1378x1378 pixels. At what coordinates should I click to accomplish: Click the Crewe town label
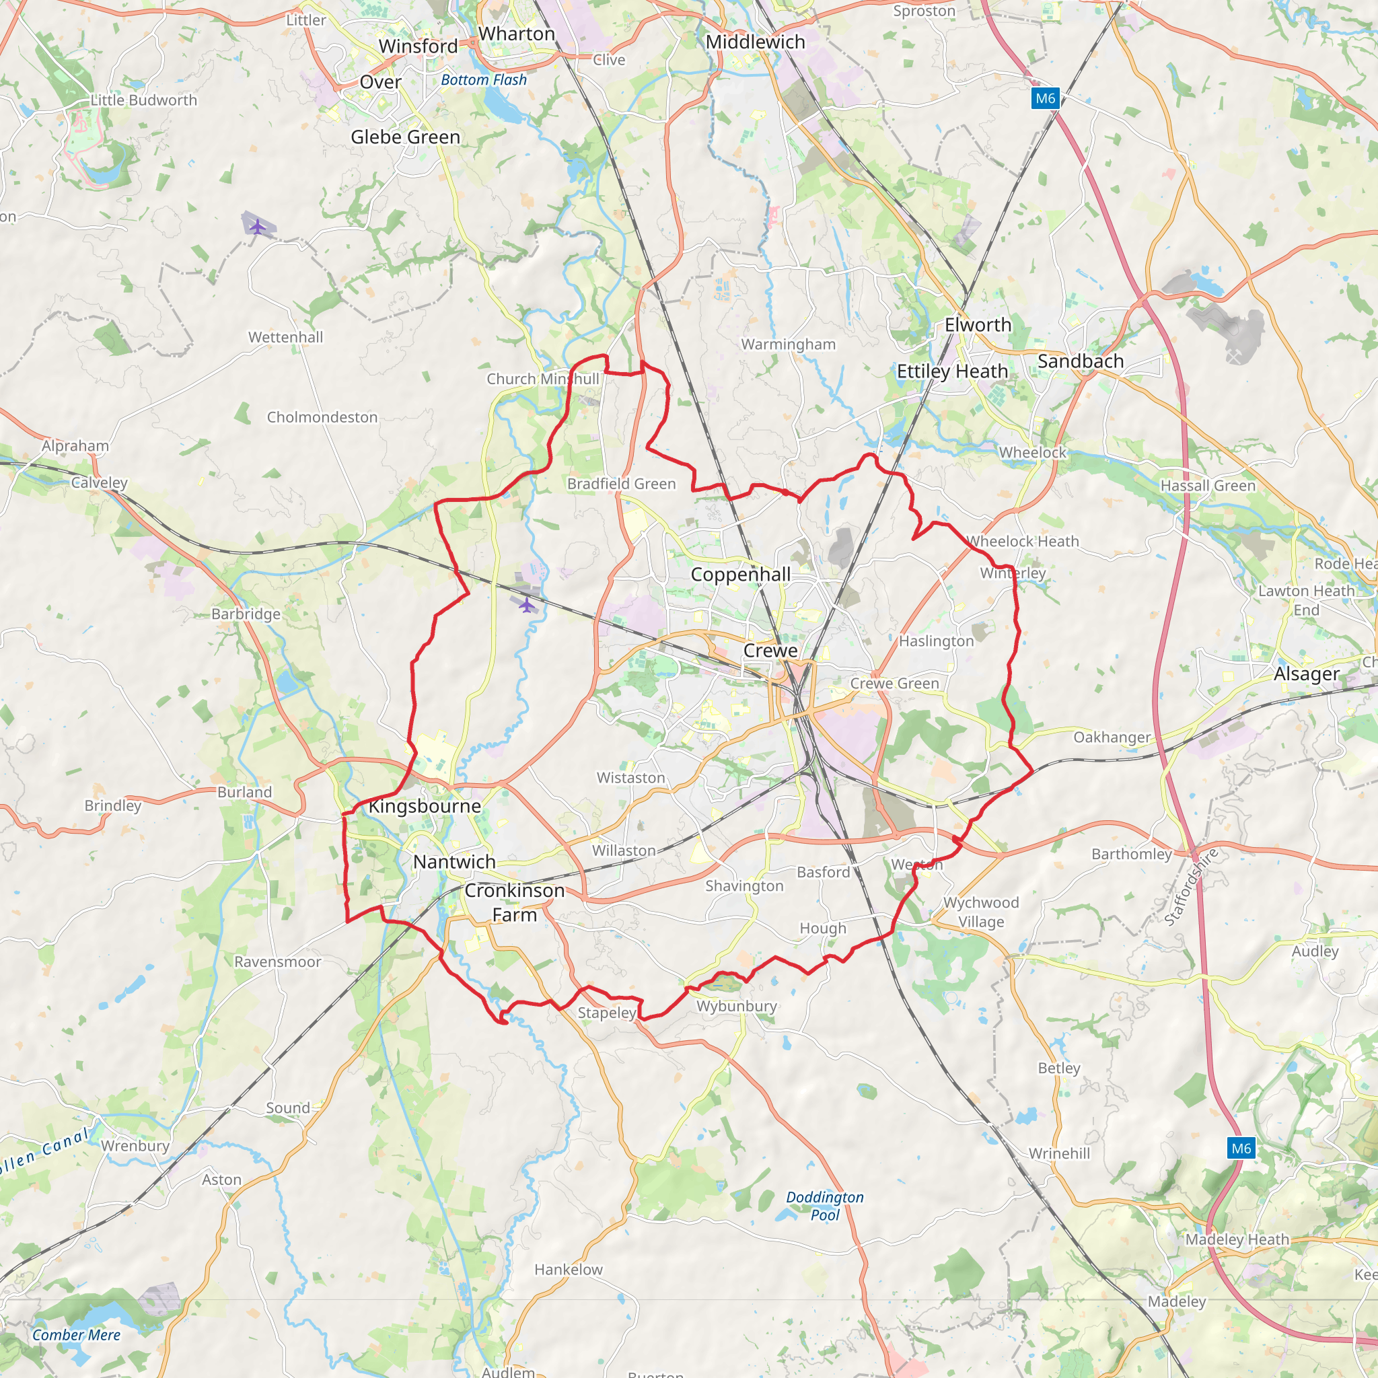coord(770,651)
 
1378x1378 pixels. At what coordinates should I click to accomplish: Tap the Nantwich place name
coord(454,862)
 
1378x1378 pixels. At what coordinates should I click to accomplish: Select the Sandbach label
coord(1081,361)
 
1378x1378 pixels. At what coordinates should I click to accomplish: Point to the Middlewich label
coord(756,42)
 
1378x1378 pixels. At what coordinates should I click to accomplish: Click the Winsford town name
coord(418,46)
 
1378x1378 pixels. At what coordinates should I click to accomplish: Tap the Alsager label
coord(1307,674)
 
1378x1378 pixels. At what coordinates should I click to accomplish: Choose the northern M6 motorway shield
coord(1045,98)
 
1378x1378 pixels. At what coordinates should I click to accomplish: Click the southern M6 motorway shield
coord(1241,1149)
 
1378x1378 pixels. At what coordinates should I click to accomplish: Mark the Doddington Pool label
coord(824,1205)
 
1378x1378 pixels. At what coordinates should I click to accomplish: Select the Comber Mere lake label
coord(76,1335)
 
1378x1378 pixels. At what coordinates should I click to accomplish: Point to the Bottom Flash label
coord(484,80)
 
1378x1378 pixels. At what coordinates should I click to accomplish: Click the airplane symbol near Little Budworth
coord(258,227)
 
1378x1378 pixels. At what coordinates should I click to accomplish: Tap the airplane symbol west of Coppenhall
coord(526,606)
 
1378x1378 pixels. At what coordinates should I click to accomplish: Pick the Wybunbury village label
coord(737,1007)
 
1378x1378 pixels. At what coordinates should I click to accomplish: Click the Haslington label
coord(936,641)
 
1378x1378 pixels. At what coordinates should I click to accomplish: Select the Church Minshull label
coord(543,379)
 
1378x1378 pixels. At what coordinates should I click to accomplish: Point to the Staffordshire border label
coord(1192,887)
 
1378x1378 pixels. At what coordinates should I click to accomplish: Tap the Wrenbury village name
coord(135,1145)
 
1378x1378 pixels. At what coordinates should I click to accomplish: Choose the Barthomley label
coord(1132,854)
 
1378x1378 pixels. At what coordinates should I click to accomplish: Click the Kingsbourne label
coord(425,807)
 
